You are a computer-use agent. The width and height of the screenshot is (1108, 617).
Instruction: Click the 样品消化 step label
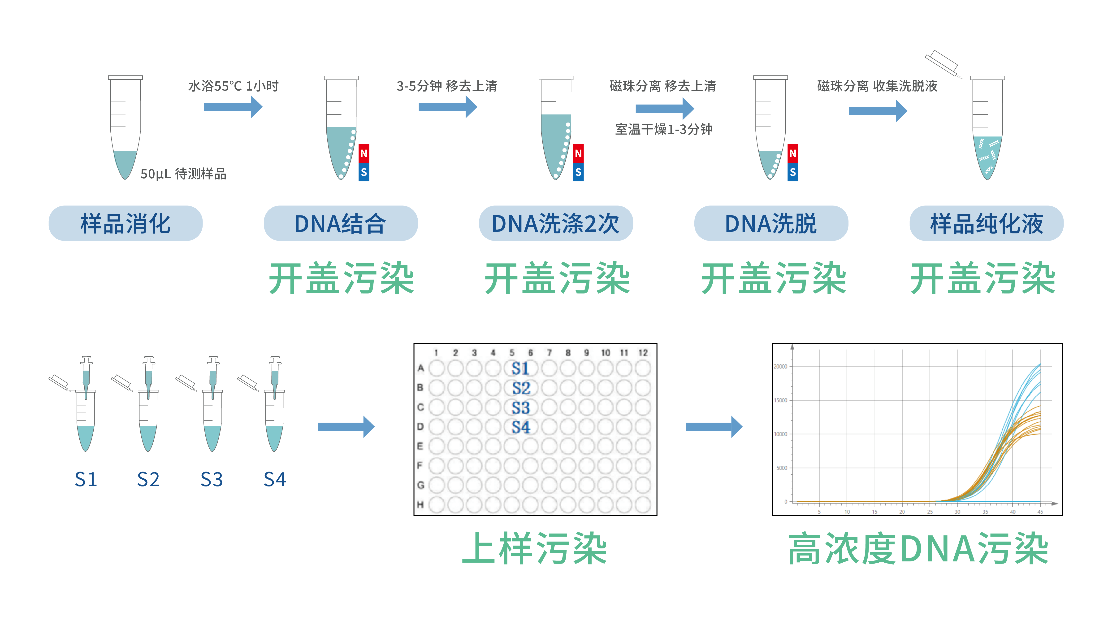[125, 223]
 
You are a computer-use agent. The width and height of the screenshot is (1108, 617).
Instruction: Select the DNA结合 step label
[340, 223]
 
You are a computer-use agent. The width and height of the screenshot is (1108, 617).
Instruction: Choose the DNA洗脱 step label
[771, 223]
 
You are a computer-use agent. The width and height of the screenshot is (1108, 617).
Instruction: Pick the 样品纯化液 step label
[986, 223]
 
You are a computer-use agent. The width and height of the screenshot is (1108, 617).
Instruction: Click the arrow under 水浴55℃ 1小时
[233, 107]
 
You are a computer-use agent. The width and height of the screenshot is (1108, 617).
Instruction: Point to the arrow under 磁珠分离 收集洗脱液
[878, 111]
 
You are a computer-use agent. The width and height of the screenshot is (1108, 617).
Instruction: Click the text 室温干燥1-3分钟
[664, 129]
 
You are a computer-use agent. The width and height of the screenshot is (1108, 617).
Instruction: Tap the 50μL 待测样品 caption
[183, 174]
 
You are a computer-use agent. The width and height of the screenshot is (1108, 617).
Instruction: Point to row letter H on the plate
[420, 504]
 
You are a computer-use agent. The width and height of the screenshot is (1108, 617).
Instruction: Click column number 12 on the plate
[643, 353]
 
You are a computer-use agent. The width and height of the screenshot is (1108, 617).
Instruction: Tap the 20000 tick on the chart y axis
[780, 367]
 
